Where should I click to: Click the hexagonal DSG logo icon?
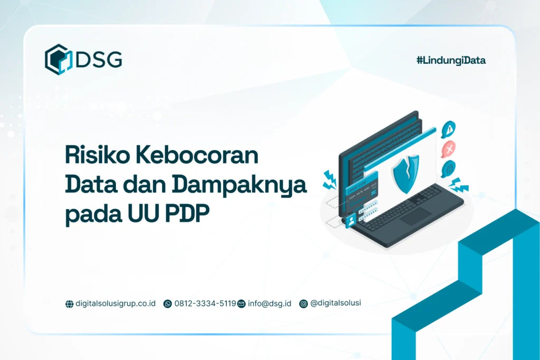click(57, 59)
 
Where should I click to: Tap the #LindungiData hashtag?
click(451, 60)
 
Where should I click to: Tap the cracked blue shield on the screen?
click(406, 172)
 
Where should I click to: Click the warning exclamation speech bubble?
click(448, 128)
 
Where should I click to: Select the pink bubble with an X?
click(449, 150)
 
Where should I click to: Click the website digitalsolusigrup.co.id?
click(115, 304)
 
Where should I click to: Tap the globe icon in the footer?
click(69, 304)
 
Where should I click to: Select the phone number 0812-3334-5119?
click(205, 304)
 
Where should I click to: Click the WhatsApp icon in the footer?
click(168, 304)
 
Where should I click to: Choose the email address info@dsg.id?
click(269, 304)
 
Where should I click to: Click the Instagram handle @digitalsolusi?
click(335, 303)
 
